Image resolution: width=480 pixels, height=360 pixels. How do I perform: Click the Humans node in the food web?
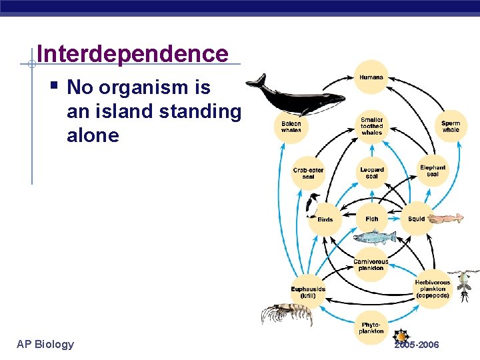tap(371, 77)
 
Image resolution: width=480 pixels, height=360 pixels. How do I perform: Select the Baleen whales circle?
tap(291, 127)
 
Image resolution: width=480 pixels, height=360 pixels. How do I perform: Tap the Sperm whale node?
tap(451, 126)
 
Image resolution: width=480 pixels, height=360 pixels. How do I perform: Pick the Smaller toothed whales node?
tap(371, 125)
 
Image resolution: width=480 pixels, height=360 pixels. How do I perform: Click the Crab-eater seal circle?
tap(308, 173)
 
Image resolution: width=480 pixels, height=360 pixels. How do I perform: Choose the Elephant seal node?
tap(433, 171)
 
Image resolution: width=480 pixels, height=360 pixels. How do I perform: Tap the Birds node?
tap(325, 219)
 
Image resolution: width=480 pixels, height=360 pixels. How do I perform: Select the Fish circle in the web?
tap(371, 219)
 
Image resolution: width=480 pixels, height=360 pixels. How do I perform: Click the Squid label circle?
tap(417, 219)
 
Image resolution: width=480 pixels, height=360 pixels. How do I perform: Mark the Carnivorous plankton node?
tap(371, 265)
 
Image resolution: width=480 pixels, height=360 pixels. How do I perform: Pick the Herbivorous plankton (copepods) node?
tap(432, 289)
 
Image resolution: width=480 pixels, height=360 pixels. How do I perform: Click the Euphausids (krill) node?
tap(308, 291)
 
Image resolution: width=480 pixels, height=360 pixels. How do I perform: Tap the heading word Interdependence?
tap(133, 53)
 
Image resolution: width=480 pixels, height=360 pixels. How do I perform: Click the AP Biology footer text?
tap(45, 344)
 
